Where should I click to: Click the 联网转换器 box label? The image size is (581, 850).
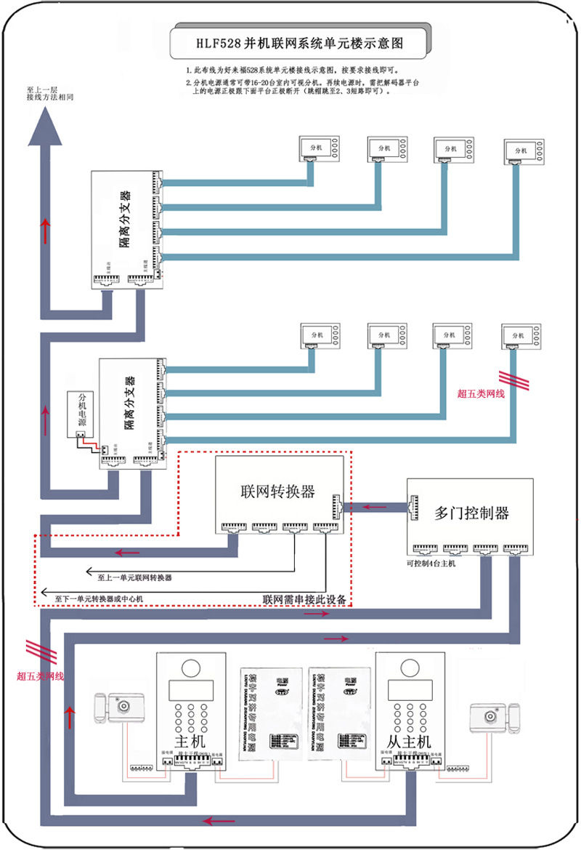(277, 492)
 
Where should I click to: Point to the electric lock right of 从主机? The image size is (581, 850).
(496, 715)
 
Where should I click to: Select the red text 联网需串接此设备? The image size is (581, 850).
(304, 600)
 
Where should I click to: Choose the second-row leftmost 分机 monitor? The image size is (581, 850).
(320, 336)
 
